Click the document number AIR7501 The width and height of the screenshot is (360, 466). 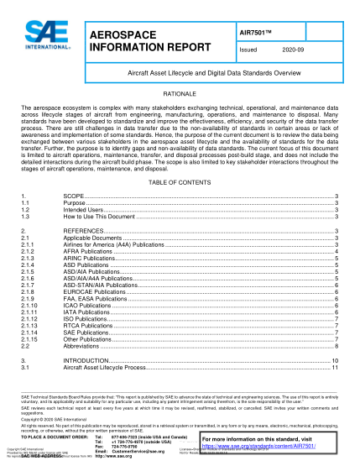pyautogui.click(x=258, y=30)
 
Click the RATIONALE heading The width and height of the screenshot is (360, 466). pyautogui.click(x=179, y=96)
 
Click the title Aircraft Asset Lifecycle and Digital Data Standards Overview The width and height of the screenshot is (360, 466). pyautogui.click(x=179, y=74)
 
